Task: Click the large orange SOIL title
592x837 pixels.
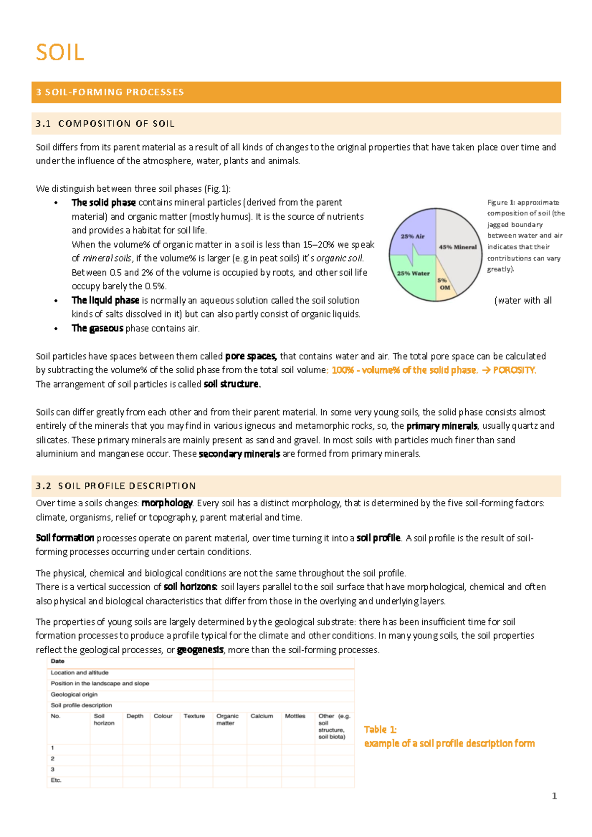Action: (x=60, y=53)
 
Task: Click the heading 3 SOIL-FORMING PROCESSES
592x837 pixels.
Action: (x=110, y=92)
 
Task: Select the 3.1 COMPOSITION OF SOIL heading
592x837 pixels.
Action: (x=105, y=124)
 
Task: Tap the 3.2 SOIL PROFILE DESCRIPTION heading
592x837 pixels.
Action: (x=115, y=486)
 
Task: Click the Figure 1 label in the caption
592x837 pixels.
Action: (x=501, y=203)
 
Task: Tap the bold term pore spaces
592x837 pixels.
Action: (x=251, y=356)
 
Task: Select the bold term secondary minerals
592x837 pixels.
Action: (x=239, y=454)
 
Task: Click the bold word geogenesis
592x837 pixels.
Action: (x=200, y=650)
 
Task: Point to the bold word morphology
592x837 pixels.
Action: (x=167, y=503)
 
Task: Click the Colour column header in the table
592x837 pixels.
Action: (x=163, y=716)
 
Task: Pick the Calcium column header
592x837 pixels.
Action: (x=261, y=716)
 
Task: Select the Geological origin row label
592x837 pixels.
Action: (x=74, y=695)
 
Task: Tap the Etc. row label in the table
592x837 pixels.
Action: (x=56, y=780)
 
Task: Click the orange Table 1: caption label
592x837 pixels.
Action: (x=380, y=730)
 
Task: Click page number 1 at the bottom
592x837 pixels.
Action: (x=554, y=796)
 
